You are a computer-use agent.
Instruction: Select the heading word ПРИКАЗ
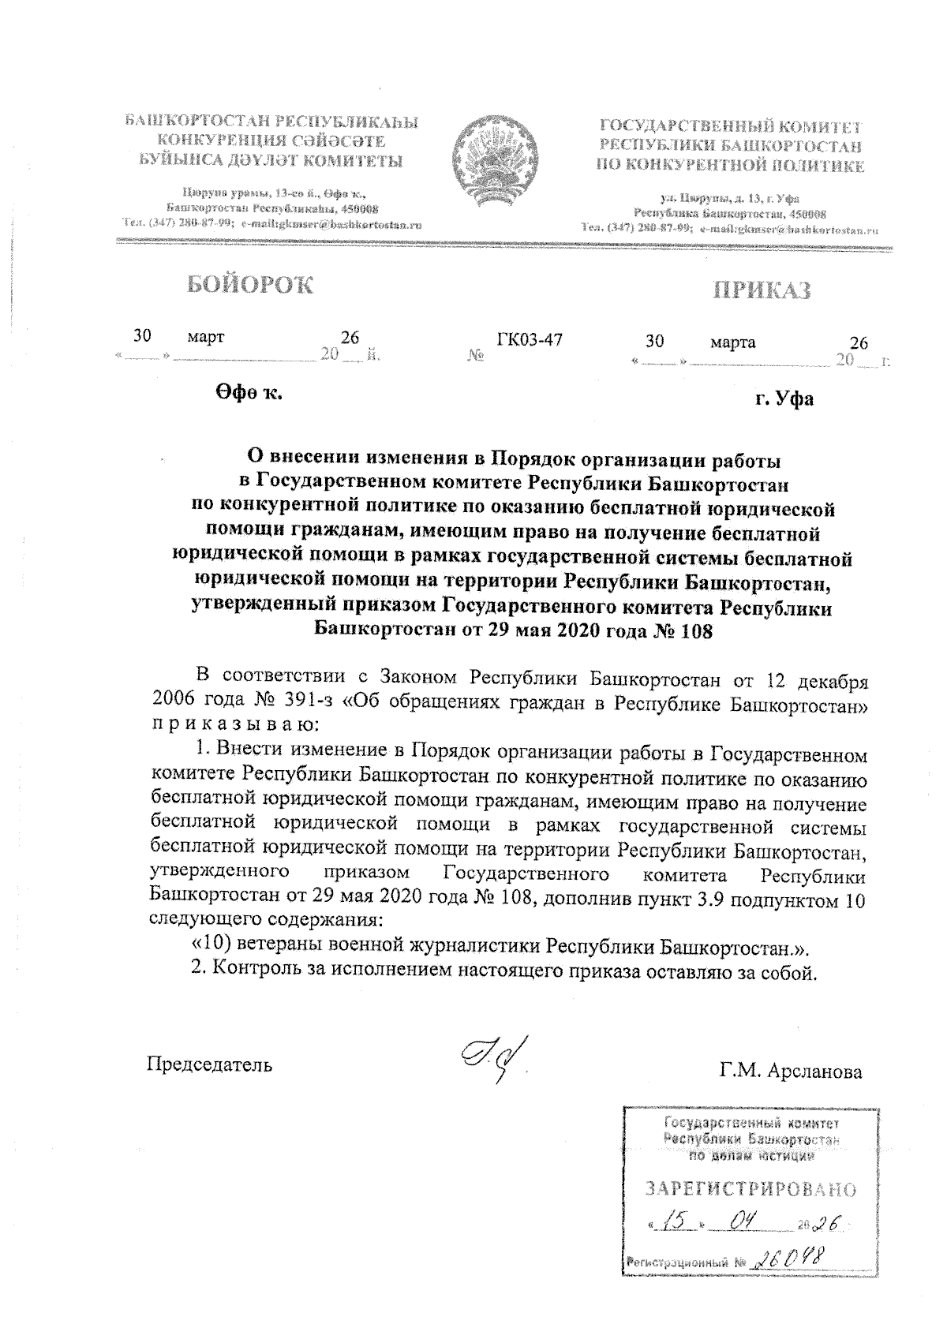click(x=762, y=290)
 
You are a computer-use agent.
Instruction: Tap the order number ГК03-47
click(x=530, y=340)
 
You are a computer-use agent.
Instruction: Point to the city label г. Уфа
click(x=784, y=398)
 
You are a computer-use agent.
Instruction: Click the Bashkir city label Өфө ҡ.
click(x=249, y=391)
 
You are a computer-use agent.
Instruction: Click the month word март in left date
click(x=206, y=337)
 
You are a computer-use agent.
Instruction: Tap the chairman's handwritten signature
click(x=492, y=1057)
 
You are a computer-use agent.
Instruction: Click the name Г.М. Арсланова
click(x=791, y=1072)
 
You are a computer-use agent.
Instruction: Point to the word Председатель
click(x=211, y=1064)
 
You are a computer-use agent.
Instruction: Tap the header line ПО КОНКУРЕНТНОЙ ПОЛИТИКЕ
click(x=732, y=166)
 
